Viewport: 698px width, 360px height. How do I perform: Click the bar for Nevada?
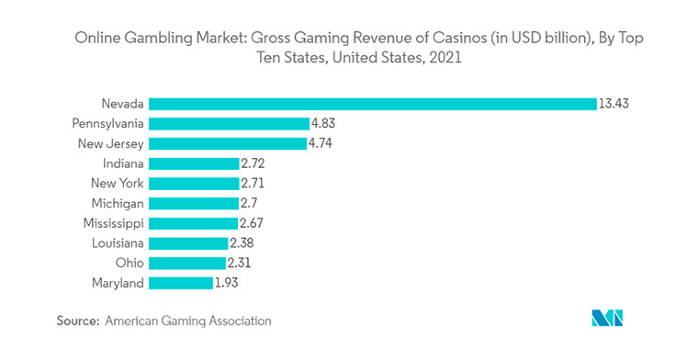(372, 104)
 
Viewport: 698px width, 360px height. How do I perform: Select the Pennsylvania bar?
(229, 123)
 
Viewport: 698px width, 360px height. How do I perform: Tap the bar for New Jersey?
(227, 143)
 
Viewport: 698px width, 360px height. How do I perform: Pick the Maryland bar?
(180, 283)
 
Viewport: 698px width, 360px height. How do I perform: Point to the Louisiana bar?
(188, 243)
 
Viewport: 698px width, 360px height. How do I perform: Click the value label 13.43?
(614, 104)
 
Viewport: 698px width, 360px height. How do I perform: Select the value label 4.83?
(324, 123)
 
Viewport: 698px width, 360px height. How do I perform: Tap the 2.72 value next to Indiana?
(253, 163)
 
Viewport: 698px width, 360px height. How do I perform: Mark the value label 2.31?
(239, 264)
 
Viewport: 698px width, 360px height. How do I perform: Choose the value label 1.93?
(227, 283)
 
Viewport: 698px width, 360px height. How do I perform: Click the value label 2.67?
(252, 223)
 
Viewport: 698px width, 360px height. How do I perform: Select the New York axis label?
(117, 184)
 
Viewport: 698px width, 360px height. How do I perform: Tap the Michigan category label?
(117, 203)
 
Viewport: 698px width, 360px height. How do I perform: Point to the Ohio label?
(129, 264)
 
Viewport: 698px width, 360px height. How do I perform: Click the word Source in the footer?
(77, 321)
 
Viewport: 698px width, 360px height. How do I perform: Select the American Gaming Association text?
(188, 321)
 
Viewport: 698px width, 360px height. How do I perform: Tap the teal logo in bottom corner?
(607, 319)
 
